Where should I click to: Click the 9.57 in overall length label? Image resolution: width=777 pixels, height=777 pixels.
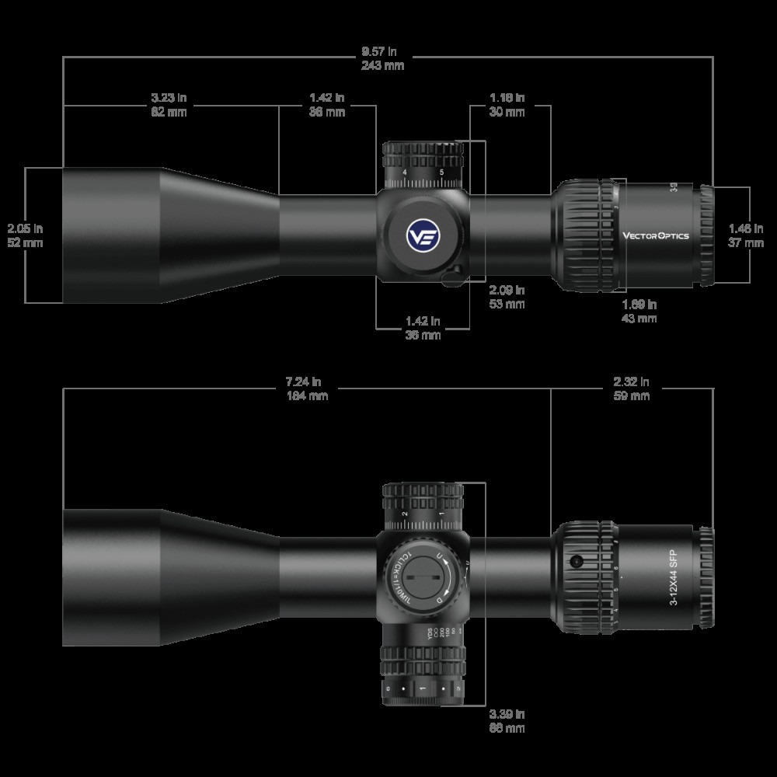(x=382, y=59)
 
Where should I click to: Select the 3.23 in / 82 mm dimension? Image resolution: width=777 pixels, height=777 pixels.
(x=169, y=105)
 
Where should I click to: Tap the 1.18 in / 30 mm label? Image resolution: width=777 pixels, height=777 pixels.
(x=507, y=105)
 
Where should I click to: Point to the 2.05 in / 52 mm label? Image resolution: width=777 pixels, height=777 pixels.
(x=25, y=235)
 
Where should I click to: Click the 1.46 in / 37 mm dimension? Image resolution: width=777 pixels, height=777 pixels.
(x=746, y=235)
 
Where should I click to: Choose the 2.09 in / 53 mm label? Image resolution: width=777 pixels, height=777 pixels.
(x=507, y=297)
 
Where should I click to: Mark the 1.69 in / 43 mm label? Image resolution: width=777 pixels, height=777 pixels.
(x=639, y=311)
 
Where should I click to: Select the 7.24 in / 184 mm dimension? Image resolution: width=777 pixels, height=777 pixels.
(x=306, y=388)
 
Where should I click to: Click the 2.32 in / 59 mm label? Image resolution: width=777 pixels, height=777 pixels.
(x=631, y=388)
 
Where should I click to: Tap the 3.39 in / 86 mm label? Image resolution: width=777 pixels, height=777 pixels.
(x=507, y=721)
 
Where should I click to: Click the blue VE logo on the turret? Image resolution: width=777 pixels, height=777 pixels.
(x=422, y=235)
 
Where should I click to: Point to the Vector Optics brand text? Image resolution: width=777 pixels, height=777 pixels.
(x=655, y=236)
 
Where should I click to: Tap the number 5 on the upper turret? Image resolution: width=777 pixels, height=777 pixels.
(x=441, y=172)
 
